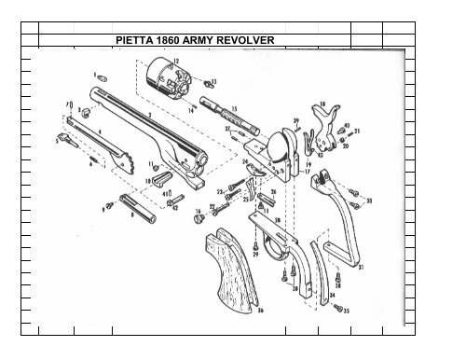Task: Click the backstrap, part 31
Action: (339, 224)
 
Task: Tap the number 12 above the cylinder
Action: (176, 60)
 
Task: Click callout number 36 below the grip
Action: (260, 311)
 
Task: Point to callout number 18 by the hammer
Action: (322, 104)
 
